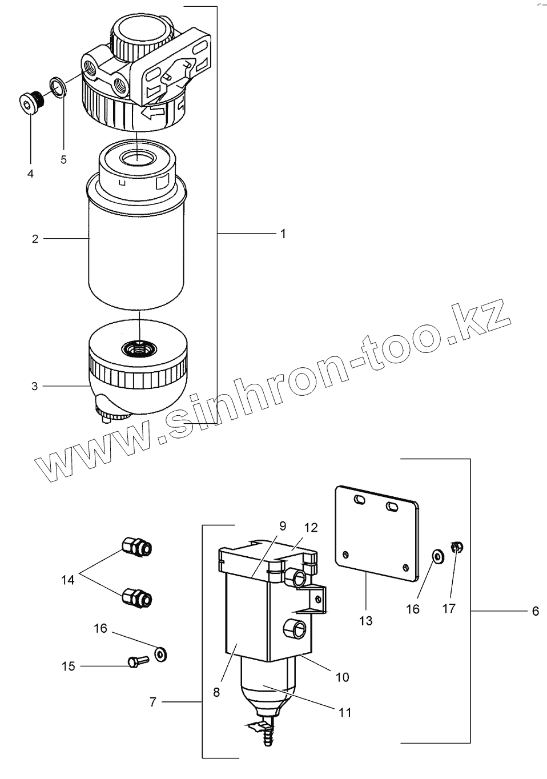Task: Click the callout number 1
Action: [283, 234]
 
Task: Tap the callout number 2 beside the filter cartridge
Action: [35, 239]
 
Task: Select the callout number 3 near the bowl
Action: [35, 387]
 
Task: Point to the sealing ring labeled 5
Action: [57, 86]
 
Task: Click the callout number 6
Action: [535, 611]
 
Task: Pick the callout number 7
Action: [152, 702]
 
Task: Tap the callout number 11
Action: [345, 712]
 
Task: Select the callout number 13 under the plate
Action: [365, 620]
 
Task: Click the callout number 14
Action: [67, 580]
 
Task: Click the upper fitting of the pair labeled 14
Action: [137, 547]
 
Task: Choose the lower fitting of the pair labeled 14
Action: [137, 597]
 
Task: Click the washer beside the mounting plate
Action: [437, 555]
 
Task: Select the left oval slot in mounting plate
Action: [359, 500]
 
